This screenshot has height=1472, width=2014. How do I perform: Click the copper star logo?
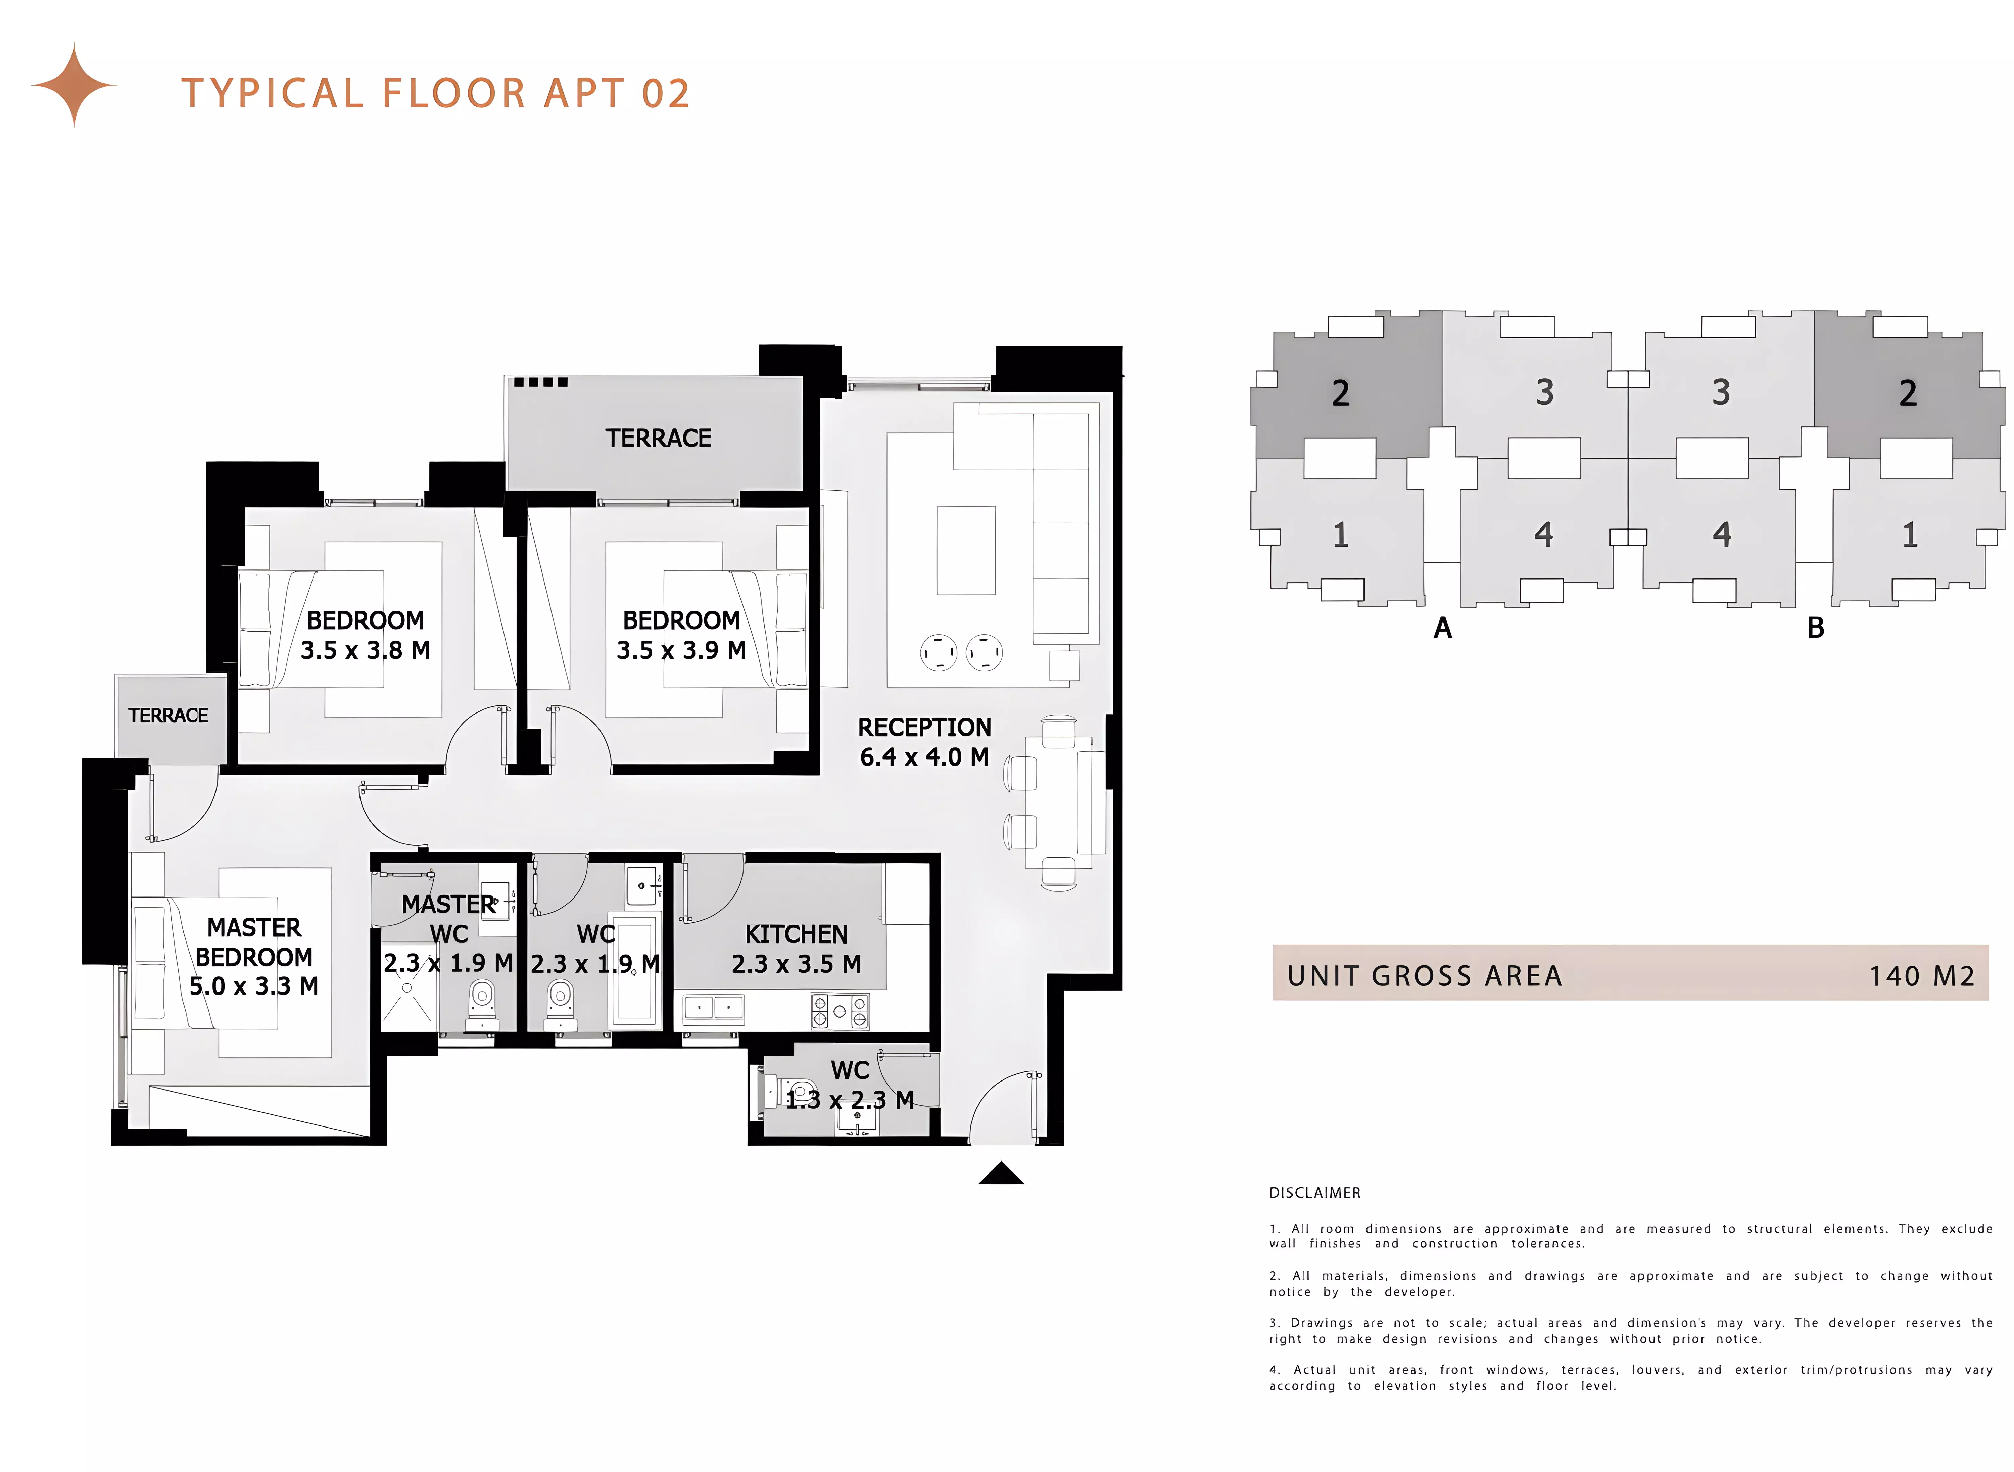[74, 86]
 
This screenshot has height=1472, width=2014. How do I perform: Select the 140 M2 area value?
[1921, 976]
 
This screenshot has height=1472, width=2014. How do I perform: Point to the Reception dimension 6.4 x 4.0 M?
[924, 757]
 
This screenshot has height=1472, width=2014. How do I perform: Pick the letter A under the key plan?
[1442, 628]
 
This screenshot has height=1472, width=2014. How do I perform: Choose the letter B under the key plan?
[1815, 628]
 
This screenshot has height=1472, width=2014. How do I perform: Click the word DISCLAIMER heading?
[1315, 1193]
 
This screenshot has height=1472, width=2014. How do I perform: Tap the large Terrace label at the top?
[658, 439]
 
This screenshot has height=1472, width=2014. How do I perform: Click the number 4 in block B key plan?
[1722, 535]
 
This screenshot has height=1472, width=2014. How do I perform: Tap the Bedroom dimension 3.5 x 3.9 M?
[681, 650]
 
